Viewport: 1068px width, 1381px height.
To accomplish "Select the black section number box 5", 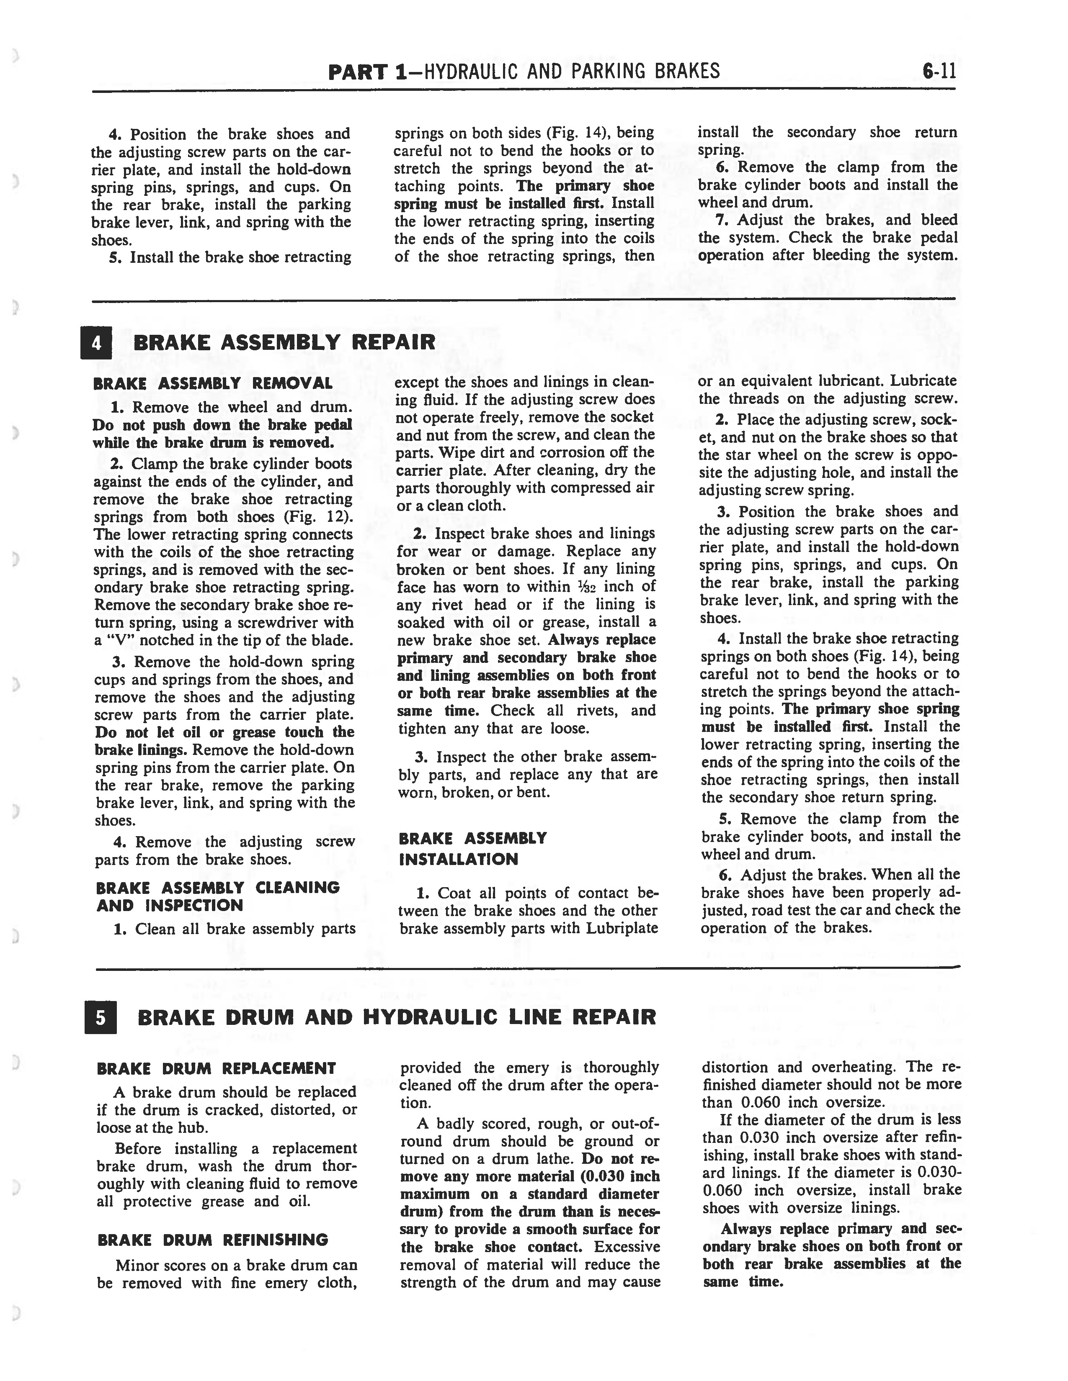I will (100, 1017).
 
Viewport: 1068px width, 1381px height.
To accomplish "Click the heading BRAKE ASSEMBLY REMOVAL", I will (213, 384).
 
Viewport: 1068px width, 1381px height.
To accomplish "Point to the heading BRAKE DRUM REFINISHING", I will (213, 1240).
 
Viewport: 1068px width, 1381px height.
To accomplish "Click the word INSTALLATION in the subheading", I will (458, 859).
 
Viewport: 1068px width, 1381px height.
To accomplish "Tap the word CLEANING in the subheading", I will (297, 888).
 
